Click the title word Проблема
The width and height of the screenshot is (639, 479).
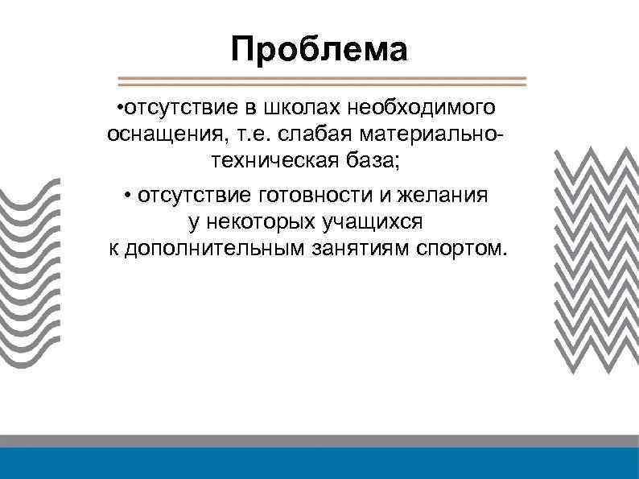click(x=319, y=50)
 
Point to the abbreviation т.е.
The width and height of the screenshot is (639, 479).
click(x=238, y=134)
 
